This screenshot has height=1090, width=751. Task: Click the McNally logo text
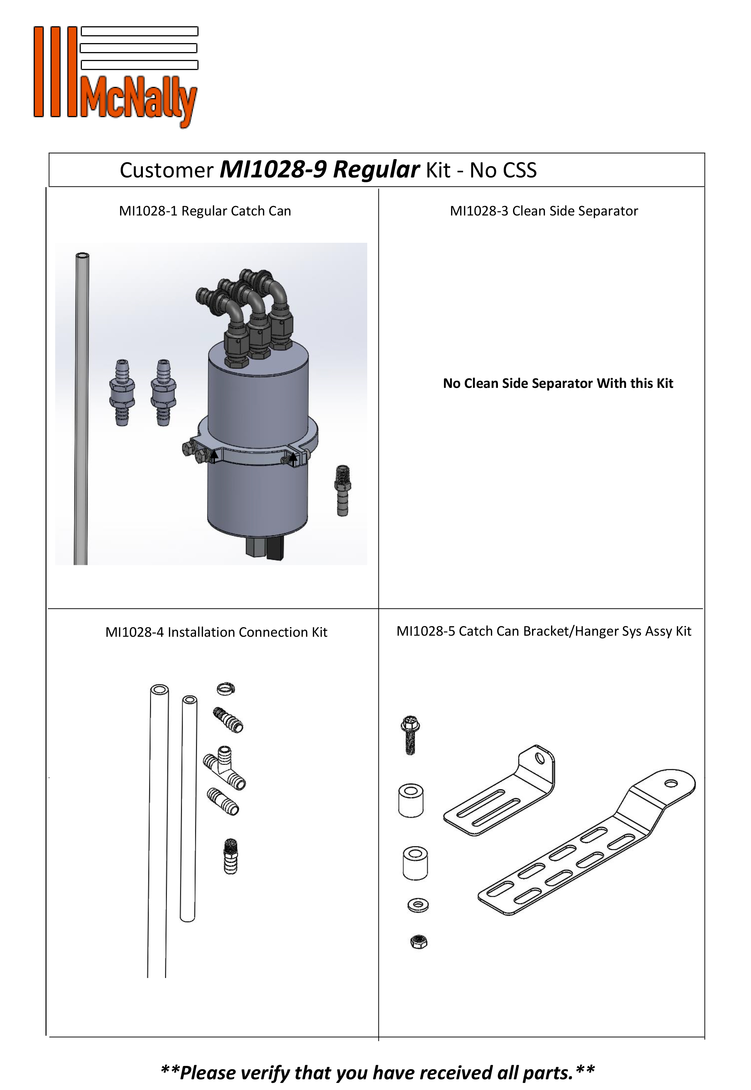(x=139, y=101)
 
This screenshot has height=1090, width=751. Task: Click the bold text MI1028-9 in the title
(x=273, y=170)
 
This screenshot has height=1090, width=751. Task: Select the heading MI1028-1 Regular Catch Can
(x=205, y=211)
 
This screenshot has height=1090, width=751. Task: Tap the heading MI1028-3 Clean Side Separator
(x=544, y=211)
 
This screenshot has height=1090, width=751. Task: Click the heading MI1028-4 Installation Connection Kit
(x=216, y=632)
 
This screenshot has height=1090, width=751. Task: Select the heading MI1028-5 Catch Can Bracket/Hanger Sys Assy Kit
(x=544, y=631)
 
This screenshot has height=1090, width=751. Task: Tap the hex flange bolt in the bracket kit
(x=410, y=735)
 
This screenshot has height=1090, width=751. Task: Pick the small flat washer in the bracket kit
(x=418, y=905)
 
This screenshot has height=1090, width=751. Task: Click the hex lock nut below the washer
(x=418, y=941)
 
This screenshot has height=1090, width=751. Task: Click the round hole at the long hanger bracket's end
(x=671, y=784)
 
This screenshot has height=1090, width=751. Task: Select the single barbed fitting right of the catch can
(x=343, y=490)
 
